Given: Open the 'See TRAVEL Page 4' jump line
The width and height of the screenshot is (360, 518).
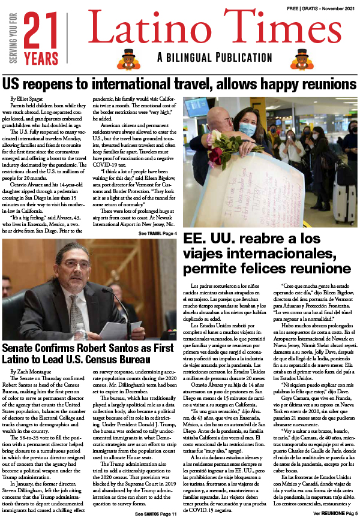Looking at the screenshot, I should pos(158,233).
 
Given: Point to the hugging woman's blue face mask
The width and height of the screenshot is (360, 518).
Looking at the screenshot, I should pos(247,128).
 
